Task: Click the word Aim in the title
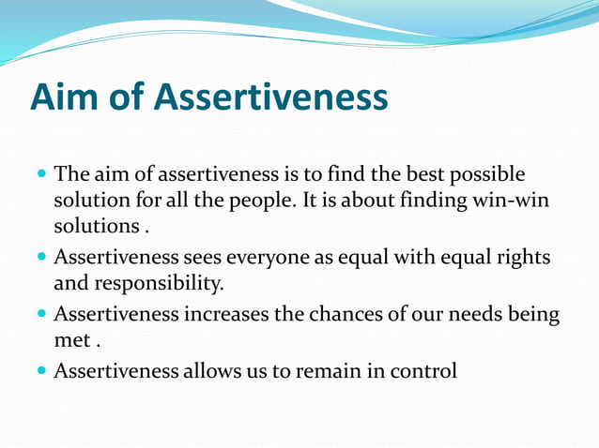(64, 97)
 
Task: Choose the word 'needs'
(484, 314)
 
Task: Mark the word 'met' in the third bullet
(71, 341)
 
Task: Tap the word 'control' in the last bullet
(422, 371)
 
